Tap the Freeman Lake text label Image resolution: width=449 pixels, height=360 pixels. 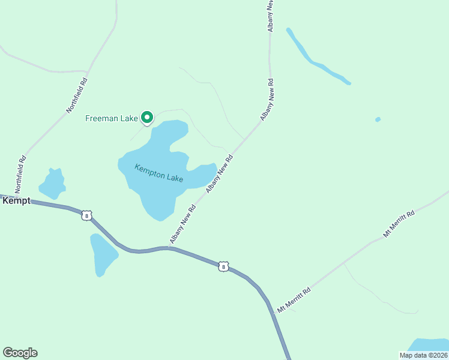[112, 118]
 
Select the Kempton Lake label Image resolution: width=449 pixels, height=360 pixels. [158, 173]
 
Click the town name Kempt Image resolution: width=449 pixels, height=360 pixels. [16, 201]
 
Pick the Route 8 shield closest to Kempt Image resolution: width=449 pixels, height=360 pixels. [87, 215]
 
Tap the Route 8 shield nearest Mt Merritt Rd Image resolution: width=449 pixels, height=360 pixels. [223, 266]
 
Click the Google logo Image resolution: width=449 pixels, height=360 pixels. [20, 353]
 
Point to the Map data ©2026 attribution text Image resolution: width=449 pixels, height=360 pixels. [423, 355]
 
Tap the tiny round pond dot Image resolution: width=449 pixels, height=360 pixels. [378, 119]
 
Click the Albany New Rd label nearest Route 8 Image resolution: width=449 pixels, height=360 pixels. [183, 224]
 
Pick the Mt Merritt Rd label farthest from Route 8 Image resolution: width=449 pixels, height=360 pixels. [399, 224]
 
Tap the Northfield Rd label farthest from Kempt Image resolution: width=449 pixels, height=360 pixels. [77, 95]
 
